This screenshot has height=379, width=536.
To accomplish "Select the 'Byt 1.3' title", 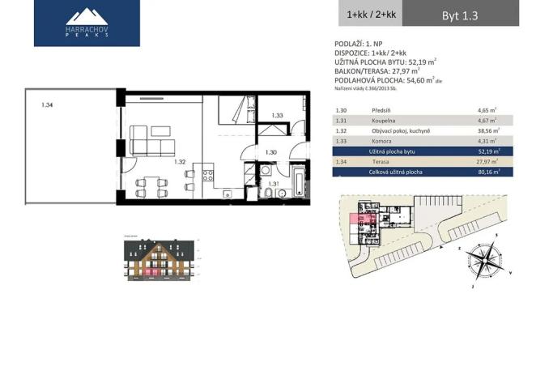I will pyautogui.click(x=459, y=15).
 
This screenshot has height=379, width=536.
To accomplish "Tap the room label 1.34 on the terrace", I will pyautogui.click(x=47, y=104).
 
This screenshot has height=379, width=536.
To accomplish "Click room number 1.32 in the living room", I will pyautogui.click(x=179, y=162).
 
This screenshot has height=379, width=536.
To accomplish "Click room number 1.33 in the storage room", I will pyautogui.click(x=277, y=116).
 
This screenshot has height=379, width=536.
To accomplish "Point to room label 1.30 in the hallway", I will pyautogui.click(x=272, y=152).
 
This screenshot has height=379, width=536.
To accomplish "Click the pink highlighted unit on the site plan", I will pyautogui.click(x=358, y=217).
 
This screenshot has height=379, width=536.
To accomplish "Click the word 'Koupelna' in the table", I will pyautogui.click(x=384, y=119).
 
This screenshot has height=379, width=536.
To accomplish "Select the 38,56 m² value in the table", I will pyautogui.click(x=488, y=130).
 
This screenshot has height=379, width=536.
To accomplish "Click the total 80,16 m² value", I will pyautogui.click(x=488, y=172).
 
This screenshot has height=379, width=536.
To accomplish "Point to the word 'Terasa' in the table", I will pyautogui.click(x=381, y=161).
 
